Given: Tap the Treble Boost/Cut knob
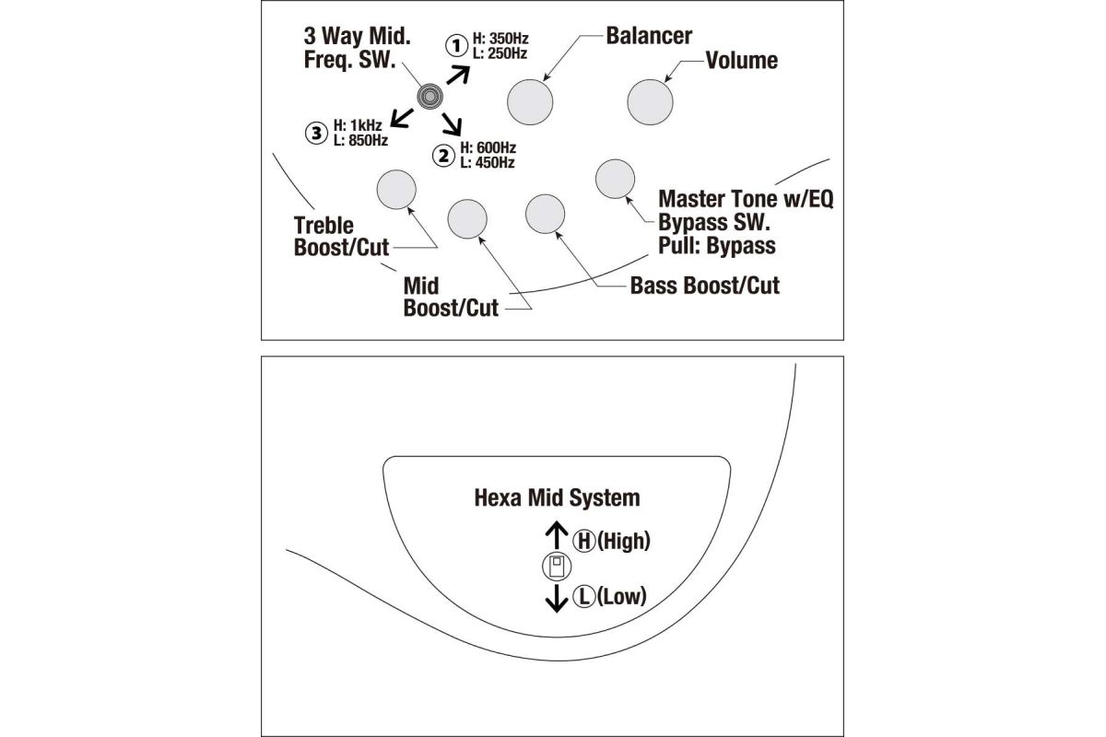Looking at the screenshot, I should pyautogui.click(x=396, y=189).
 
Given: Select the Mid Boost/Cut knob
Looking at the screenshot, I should pyautogui.click(x=466, y=218).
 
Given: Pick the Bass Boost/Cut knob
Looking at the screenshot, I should pyautogui.click(x=545, y=214).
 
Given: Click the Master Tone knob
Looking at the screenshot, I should pyautogui.click(x=613, y=179).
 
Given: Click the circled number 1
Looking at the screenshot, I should pyautogui.click(x=456, y=45).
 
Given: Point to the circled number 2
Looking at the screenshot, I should pyautogui.click(x=445, y=155).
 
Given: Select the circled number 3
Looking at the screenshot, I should pyautogui.click(x=316, y=133).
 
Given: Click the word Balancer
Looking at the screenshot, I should pyautogui.click(x=649, y=36).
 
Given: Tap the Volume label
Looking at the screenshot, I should pyautogui.click(x=741, y=61).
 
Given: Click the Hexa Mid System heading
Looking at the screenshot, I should pyautogui.click(x=557, y=498).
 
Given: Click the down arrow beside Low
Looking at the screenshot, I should pyautogui.click(x=556, y=598).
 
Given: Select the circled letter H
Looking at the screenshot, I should pyautogui.click(x=584, y=542).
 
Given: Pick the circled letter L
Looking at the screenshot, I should pyautogui.click(x=584, y=597).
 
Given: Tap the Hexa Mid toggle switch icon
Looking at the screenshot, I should pyautogui.click(x=556, y=567).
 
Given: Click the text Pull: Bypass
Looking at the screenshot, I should pyautogui.click(x=716, y=246).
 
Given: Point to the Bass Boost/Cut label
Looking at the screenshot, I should pyautogui.click(x=704, y=286).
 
